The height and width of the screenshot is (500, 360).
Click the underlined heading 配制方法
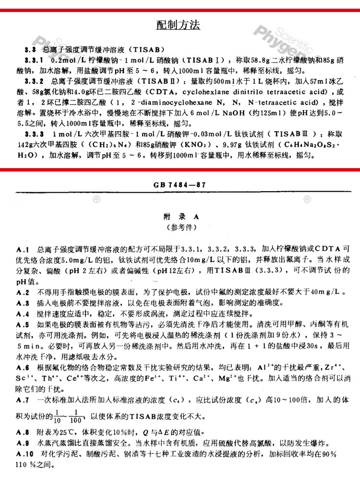pyautogui.click(x=178, y=25)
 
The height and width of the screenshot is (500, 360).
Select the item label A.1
pyautogui.click(x=23, y=249)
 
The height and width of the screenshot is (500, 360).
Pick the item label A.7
pyautogui.click(x=23, y=400)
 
